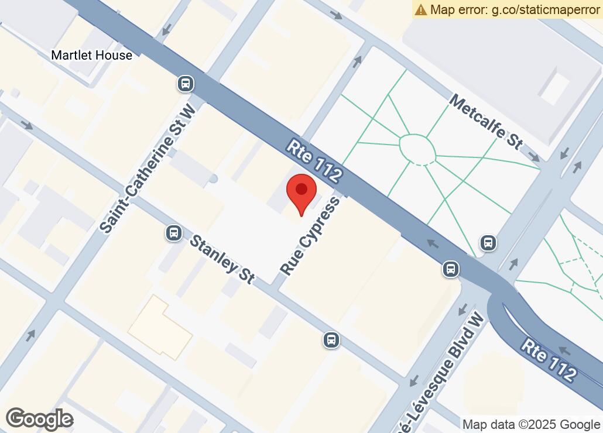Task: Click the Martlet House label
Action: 91,55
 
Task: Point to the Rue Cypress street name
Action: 310,236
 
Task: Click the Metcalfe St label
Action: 485,121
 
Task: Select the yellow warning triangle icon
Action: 421,9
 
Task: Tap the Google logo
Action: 39,419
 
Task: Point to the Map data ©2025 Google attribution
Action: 531,424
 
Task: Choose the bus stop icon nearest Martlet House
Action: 186,84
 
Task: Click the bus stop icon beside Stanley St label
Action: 173,233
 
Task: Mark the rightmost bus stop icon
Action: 488,242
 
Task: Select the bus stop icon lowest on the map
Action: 331,339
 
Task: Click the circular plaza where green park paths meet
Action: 417,150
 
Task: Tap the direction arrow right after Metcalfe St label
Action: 535,156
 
